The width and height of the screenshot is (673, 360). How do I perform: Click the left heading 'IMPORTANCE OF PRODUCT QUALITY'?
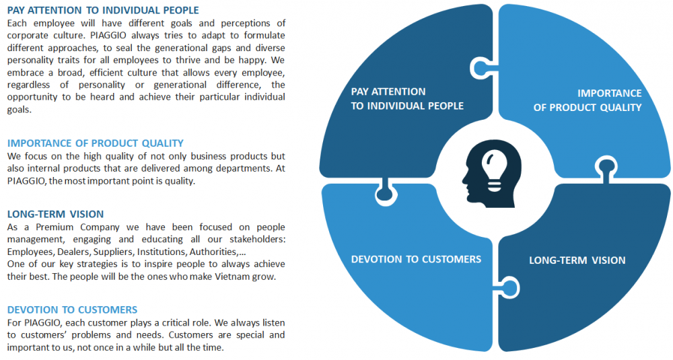coord(96,143)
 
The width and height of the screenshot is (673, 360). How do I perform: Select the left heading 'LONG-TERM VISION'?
coord(55,214)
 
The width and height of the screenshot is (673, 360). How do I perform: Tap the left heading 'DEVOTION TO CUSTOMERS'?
coord(72,310)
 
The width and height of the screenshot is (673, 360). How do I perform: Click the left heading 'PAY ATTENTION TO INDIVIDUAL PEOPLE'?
coord(103,10)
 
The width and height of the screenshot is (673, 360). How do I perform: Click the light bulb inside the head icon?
coord(495,169)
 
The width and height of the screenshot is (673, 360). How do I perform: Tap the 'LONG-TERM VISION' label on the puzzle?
coord(577,260)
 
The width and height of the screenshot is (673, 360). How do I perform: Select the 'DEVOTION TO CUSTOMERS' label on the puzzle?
coord(416,259)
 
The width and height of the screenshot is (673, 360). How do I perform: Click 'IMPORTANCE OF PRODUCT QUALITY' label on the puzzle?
coord(588,100)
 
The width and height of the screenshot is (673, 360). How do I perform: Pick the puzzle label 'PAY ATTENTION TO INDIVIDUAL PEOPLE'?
coord(407,99)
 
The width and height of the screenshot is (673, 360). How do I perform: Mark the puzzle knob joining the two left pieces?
coord(385,192)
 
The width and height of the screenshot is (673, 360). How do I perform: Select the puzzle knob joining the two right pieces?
coord(606,168)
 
